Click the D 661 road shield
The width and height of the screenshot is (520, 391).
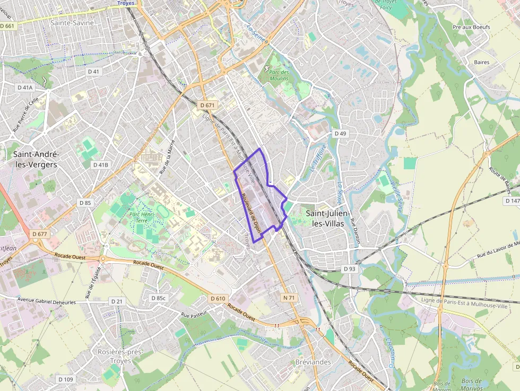coord(7,25)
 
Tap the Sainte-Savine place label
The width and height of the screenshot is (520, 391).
coord(72,23)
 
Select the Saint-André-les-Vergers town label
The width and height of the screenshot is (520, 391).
coord(36,159)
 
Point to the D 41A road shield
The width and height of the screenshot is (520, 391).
coord(25,88)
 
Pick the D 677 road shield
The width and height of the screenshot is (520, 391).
coord(40,234)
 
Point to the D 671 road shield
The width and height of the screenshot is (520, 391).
coord(207,105)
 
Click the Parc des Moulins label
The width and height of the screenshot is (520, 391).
coord(279,76)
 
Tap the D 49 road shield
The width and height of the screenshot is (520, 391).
coord(340,134)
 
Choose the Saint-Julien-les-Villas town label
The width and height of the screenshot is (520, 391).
coord(327,218)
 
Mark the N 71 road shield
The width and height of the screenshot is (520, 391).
coord(289,298)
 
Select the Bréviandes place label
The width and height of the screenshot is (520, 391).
coord(313,362)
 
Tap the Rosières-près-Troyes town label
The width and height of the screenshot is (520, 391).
coord(120,356)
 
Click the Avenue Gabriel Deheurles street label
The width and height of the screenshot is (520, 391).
coord(47,301)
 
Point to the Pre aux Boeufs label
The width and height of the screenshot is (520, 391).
coord(471,27)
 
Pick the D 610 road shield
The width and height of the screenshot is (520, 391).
coord(218,298)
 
